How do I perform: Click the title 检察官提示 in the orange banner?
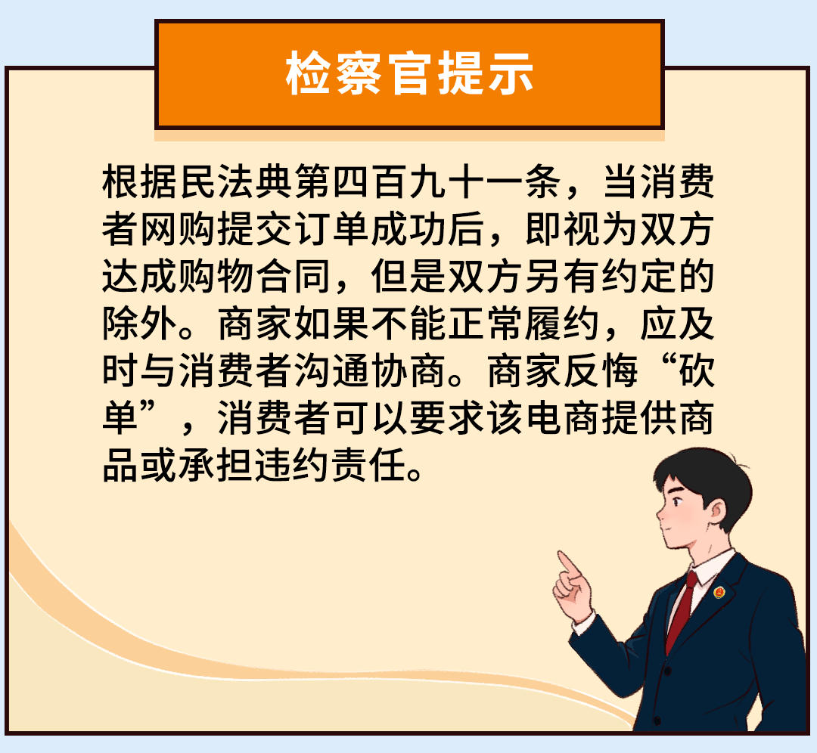pyautogui.click(x=409, y=75)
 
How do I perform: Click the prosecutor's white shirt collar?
pyautogui.click(x=707, y=571)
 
